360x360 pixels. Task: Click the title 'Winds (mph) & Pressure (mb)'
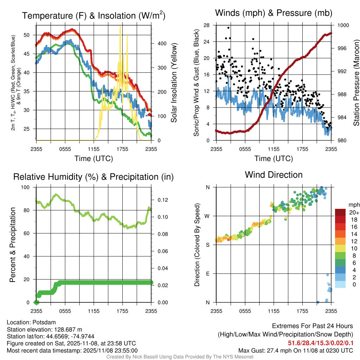click(x=274, y=13)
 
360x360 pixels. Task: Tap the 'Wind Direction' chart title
click(x=274, y=175)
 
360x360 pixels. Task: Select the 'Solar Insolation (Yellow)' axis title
click(x=174, y=83)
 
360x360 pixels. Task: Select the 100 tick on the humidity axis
click(x=25, y=187)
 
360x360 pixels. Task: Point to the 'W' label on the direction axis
click(x=208, y=216)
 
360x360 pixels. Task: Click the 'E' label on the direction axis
click(x=208, y=274)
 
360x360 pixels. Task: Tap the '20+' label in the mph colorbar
click(x=354, y=213)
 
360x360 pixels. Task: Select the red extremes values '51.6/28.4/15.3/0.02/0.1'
click(x=321, y=343)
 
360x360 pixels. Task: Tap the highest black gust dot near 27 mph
click(x=229, y=28)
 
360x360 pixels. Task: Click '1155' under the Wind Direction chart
click(x=274, y=311)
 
